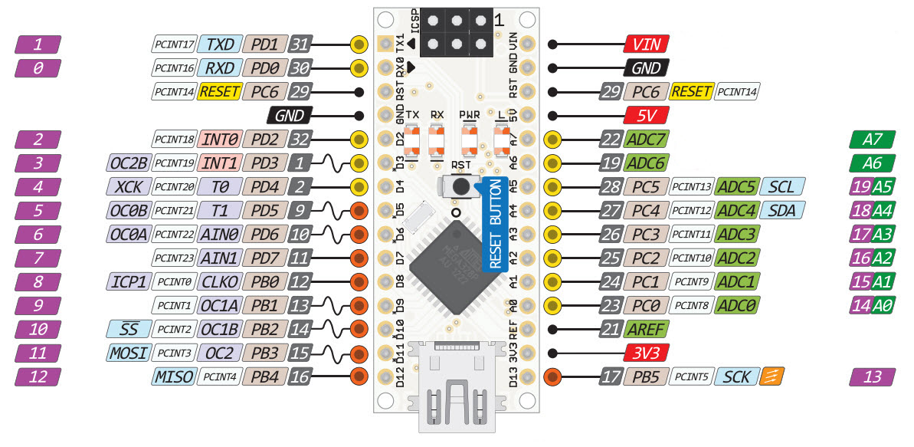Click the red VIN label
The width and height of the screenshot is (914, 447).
647,44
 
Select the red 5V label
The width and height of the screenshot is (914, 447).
647,116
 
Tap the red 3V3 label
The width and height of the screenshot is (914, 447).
647,353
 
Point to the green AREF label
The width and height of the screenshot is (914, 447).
647,330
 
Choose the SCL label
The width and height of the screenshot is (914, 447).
782,186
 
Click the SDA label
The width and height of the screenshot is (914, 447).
782,210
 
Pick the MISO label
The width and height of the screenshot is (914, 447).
175,376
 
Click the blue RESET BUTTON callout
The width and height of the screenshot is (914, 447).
495,222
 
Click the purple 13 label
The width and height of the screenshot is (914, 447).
872,376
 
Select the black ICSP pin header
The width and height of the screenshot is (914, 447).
455,31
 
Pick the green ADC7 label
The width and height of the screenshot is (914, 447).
647,140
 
